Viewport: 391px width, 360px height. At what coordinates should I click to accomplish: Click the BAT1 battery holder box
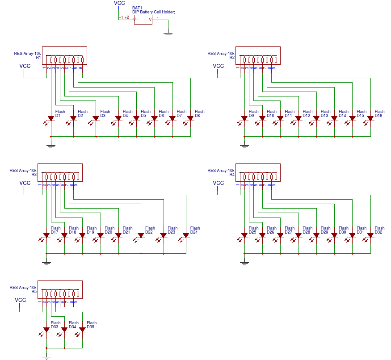point(143,19)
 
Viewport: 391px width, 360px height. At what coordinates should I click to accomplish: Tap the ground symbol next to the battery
point(168,34)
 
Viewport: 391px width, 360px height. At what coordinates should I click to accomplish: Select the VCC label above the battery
point(119,3)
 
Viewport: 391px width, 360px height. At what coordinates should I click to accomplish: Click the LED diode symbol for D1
point(51,118)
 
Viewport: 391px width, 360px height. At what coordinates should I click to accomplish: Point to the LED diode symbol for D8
point(190,118)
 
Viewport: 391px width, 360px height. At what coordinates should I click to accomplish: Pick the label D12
point(306,116)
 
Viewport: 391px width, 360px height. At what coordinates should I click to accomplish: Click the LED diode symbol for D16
point(370,118)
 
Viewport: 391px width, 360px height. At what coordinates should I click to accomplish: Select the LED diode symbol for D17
point(46,235)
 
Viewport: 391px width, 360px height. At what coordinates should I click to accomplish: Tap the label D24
point(193,233)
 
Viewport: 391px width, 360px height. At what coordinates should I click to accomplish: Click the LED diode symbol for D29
point(316,235)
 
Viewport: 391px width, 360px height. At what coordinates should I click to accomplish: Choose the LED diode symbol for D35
point(82,330)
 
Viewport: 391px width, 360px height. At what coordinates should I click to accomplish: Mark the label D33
point(55,327)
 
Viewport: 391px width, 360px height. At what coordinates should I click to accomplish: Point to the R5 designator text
point(34,292)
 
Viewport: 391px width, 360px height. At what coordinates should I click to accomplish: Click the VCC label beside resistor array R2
point(218,66)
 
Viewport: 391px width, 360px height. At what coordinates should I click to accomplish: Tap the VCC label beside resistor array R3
point(25,183)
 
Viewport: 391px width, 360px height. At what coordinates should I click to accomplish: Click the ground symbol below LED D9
point(244,145)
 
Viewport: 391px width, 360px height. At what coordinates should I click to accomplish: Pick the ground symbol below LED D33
point(46,357)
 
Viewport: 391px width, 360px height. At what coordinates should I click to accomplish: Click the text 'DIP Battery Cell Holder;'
point(153,12)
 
